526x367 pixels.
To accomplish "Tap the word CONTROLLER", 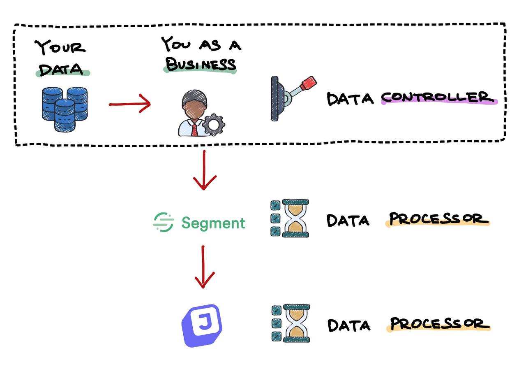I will click(438, 98).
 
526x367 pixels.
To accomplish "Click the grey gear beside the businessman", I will click(213, 125).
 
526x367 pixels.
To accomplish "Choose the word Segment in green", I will click(213, 223).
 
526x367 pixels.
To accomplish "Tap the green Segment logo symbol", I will click(164, 223).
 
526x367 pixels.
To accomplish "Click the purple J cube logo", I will click(201, 325).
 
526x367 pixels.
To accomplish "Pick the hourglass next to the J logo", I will click(296, 323).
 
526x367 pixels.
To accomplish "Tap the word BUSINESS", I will click(200, 64).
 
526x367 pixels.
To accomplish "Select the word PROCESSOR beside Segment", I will click(438, 219).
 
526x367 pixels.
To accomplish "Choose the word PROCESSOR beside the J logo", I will click(439, 324).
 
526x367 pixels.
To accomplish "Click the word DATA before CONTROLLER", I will click(350, 99).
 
